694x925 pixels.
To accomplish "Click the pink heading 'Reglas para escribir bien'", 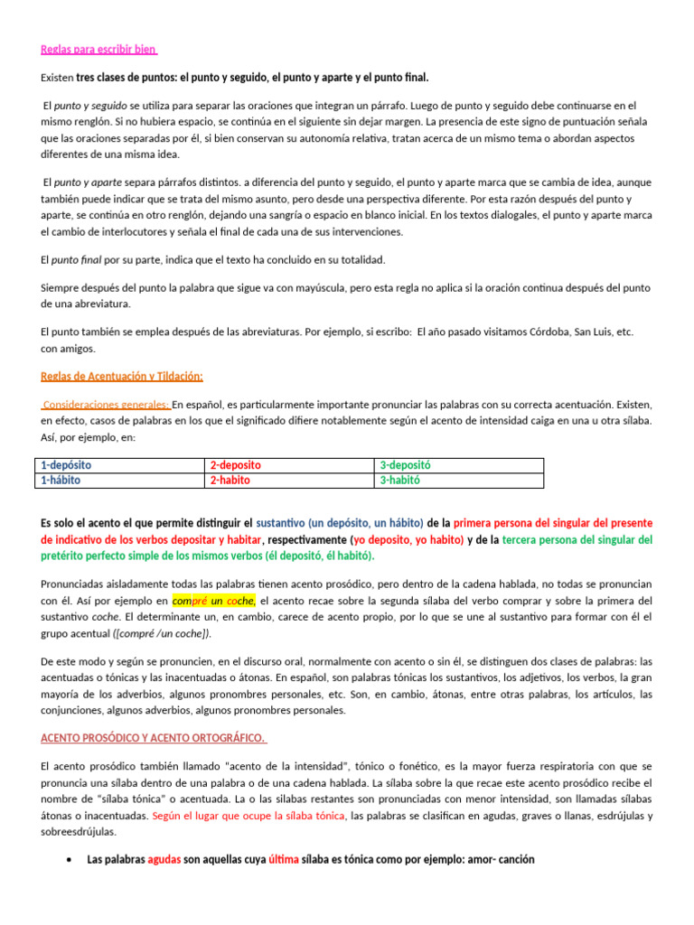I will coord(99,49).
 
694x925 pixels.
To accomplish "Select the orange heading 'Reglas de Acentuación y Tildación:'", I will coord(122,375).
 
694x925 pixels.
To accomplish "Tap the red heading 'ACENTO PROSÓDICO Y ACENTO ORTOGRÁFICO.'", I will coord(154,738).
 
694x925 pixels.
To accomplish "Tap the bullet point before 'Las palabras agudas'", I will coord(70,860).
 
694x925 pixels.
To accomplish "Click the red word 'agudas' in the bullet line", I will coord(164,860).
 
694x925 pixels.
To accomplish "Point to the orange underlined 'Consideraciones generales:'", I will coord(107,404).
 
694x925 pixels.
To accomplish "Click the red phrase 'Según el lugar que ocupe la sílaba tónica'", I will coord(249,816).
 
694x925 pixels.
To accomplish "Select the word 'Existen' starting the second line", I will coord(57,78).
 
